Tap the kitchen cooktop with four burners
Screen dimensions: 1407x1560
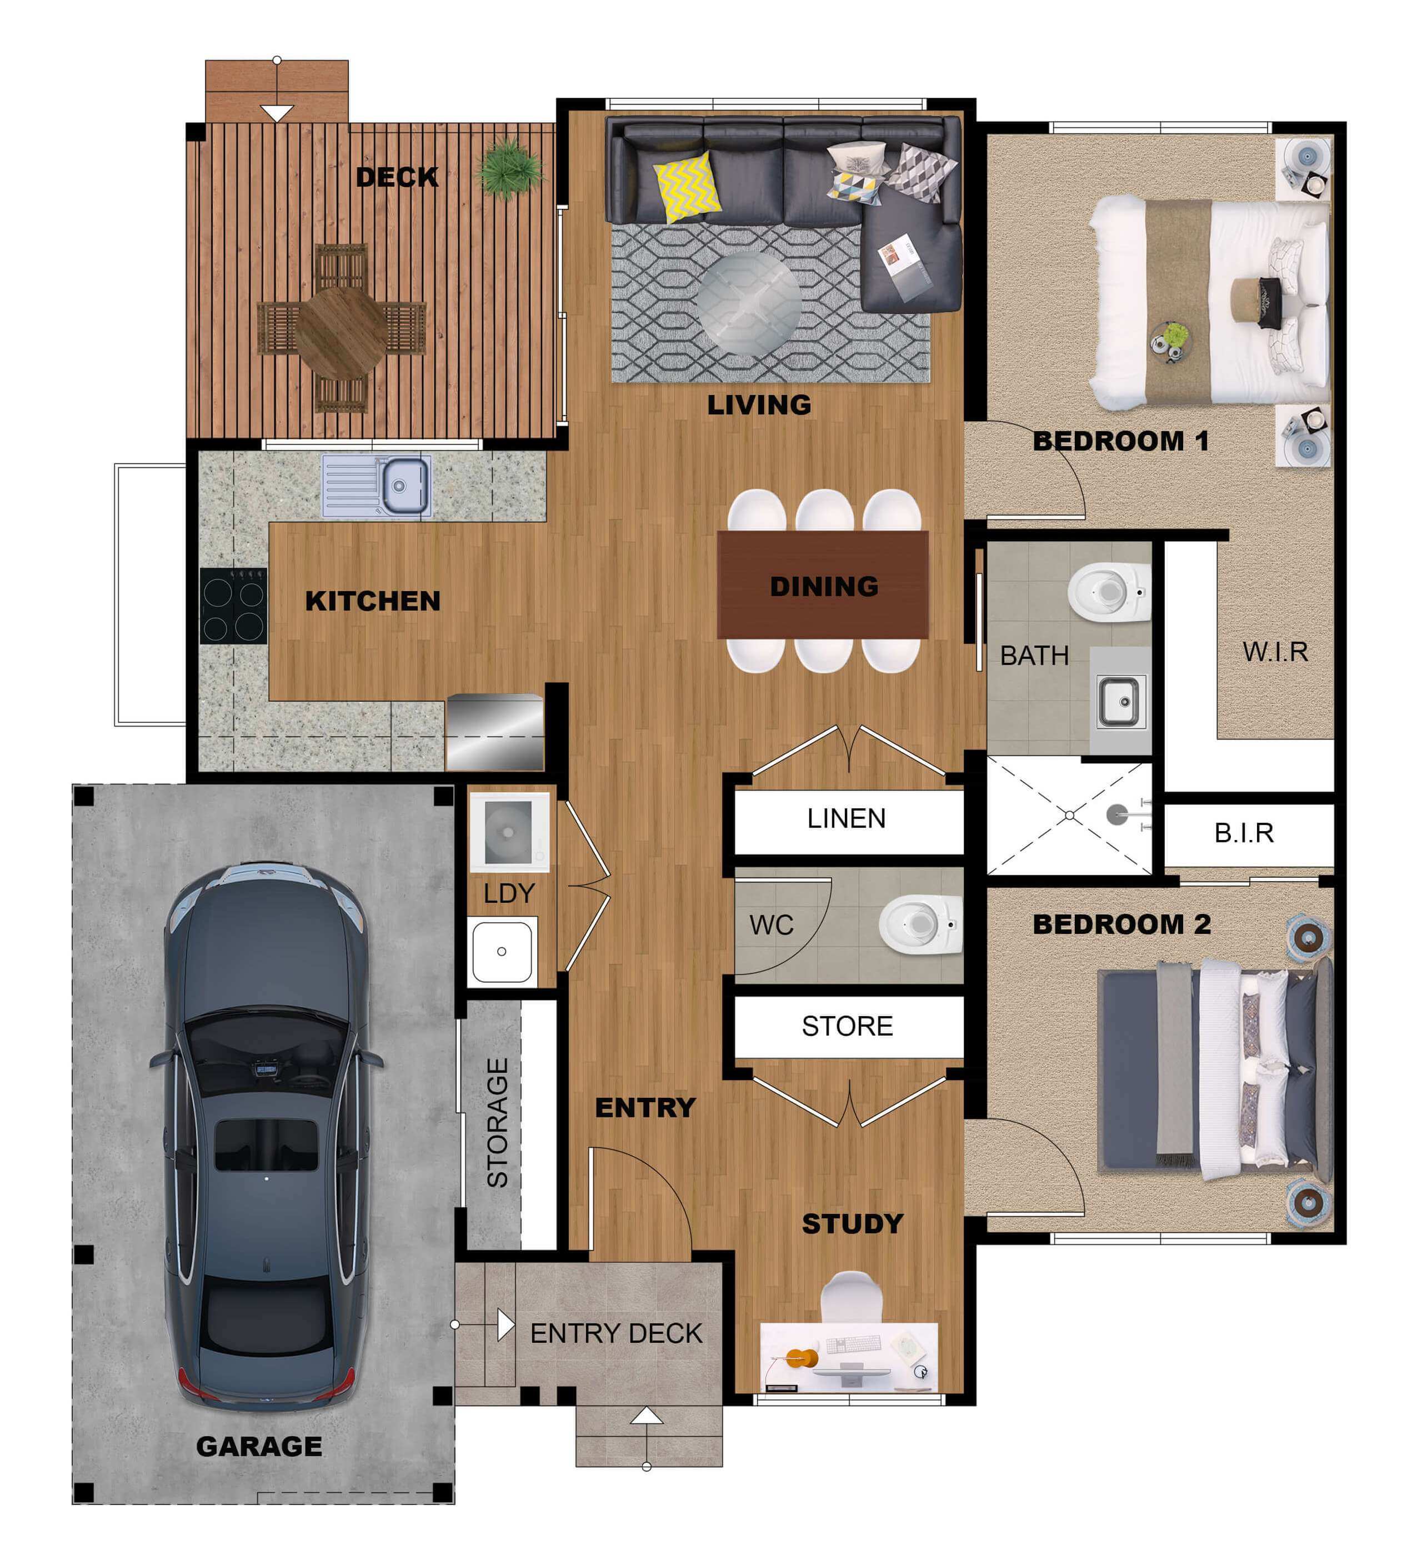[233, 607]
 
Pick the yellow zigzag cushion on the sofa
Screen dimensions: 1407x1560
[687, 187]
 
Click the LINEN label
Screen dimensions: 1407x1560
[847, 819]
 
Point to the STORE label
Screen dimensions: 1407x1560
[847, 1026]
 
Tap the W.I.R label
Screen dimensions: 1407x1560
[1275, 652]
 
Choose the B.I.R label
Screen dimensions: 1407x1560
[1244, 833]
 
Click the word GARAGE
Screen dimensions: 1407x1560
[259, 1446]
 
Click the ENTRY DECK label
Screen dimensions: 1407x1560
[616, 1333]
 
